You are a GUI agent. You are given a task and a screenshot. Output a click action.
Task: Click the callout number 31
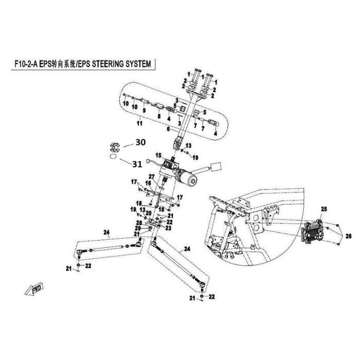[136, 165]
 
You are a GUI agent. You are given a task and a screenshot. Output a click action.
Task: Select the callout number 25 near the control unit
[324, 208]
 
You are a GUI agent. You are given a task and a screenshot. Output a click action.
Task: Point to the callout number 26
[348, 236]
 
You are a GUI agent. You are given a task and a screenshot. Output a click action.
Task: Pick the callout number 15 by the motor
[159, 155]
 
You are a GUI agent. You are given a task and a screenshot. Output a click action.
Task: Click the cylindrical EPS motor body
[188, 178]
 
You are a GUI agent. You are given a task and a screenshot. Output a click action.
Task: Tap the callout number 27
[152, 177]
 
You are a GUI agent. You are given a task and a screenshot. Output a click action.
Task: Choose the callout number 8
[159, 116]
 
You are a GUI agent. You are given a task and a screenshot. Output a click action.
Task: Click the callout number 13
[188, 145]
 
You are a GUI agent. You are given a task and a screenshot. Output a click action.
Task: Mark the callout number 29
[138, 228]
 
